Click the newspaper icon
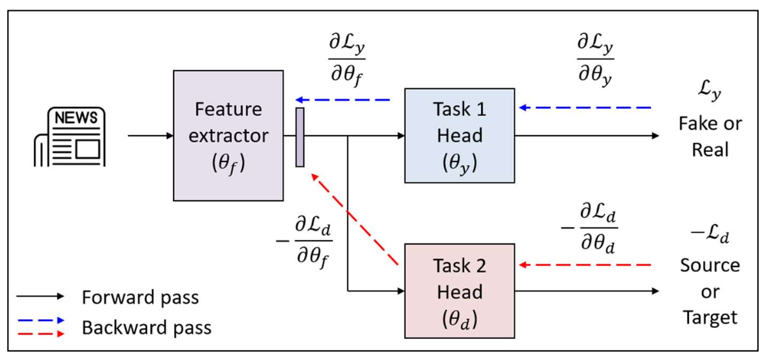click(69, 137)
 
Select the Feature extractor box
click(228, 136)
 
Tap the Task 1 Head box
click(459, 136)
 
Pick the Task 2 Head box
click(459, 291)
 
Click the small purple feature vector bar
click(300, 137)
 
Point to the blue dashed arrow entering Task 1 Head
click(585, 108)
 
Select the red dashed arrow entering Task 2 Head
click(585, 265)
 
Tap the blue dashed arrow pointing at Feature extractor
click(343, 100)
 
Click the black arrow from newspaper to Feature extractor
click(151, 136)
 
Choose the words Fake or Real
click(710, 136)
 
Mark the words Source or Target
click(710, 291)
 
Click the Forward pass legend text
click(140, 297)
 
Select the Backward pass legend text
click(146, 327)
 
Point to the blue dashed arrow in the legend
click(40, 320)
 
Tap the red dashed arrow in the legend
click(40, 333)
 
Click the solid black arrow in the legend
click(40, 297)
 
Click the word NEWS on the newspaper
click(76, 118)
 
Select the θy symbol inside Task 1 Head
click(459, 163)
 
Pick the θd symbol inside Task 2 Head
click(459, 318)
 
